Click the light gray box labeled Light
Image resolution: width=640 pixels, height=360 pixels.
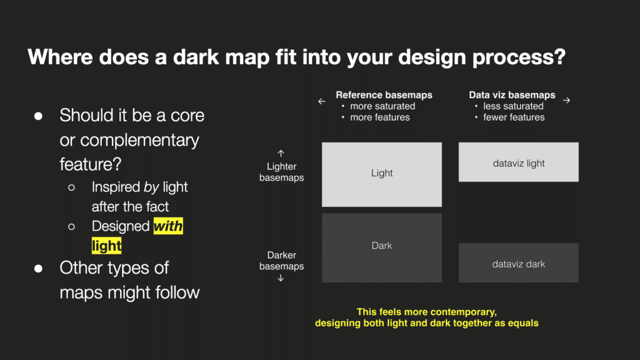coord(382,174)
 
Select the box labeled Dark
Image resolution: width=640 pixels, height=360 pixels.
coord(382,247)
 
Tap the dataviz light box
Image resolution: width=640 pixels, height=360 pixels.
coord(518,162)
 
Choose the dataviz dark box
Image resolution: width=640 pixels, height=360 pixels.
coord(518,263)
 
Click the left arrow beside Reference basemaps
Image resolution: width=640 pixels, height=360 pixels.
coord(322,101)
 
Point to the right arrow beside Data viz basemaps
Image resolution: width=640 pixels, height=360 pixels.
coord(566,101)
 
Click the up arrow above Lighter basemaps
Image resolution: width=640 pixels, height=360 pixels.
coord(281,154)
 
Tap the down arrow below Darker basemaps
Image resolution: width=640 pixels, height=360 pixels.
coord(281,278)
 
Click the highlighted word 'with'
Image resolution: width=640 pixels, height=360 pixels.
coord(168,226)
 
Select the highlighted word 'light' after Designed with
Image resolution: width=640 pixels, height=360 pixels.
coord(106,246)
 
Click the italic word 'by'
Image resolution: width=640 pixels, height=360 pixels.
coord(151,187)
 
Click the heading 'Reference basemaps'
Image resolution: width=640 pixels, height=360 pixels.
coord(384,95)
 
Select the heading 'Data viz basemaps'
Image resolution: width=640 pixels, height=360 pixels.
coord(512,95)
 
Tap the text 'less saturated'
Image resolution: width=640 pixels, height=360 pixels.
coord(514,106)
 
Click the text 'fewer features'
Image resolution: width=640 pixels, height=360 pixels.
coord(514,117)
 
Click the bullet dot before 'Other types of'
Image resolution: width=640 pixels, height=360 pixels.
coord(38,269)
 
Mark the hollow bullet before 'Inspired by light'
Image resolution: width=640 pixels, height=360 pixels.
coord(71,187)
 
